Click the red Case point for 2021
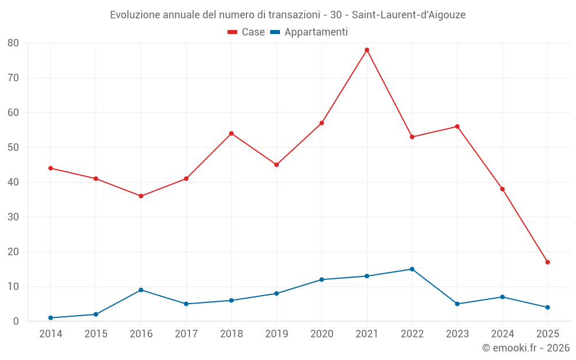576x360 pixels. tap(367, 50)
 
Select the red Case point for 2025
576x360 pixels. tap(547, 262)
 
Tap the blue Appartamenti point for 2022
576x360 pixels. tap(412, 269)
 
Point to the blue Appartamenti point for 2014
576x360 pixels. tap(51, 318)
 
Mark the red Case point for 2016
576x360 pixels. tap(141, 196)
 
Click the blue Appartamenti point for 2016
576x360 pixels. tap(141, 290)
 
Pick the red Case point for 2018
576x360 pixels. tap(232, 134)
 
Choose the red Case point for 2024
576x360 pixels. tap(502, 189)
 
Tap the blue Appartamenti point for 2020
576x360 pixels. tap(321, 279)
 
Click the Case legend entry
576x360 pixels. tap(246, 32)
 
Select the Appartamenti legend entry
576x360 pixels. tap(309, 32)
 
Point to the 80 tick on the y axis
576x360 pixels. tap(13, 43)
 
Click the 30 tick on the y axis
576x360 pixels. tap(13, 217)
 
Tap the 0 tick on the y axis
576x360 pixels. tap(16, 321)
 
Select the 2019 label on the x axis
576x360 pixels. tap(276, 334)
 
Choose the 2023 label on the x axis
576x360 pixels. tap(457, 334)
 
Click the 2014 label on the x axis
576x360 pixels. tap(51, 334)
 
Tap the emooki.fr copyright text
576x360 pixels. tap(526, 348)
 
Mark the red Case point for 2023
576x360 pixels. tap(457, 127)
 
